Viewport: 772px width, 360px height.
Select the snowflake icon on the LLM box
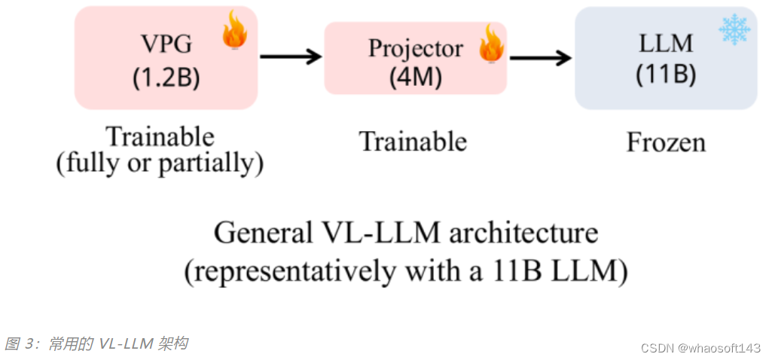click(734, 28)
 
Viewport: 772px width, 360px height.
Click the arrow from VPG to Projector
click(290, 56)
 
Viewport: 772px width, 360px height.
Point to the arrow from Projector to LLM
click(540, 58)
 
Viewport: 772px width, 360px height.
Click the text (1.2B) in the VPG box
click(166, 78)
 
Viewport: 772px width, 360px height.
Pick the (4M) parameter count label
click(415, 76)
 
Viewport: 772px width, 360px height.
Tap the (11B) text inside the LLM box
click(666, 74)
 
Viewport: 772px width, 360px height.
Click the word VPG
click(166, 44)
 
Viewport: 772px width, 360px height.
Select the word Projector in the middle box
click(415, 47)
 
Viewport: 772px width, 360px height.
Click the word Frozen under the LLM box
click(666, 142)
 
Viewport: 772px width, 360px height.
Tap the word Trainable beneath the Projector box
click(413, 141)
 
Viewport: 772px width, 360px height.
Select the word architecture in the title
click(520, 233)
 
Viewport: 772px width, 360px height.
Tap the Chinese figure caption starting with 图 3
click(96, 344)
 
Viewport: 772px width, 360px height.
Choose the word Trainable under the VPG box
click(160, 137)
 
